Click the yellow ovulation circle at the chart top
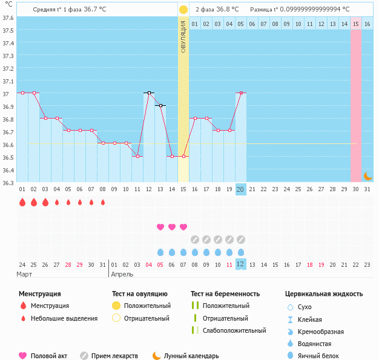click(183, 10)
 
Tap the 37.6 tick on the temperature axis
click(8, 18)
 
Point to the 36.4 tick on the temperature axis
click(8, 170)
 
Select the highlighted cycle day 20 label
click(240, 189)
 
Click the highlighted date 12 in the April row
click(240, 264)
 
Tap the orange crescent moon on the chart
click(367, 175)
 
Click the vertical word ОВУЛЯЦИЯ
click(183, 36)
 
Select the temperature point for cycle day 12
click(148, 93)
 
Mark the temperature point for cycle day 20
click(240, 93)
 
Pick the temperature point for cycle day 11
click(137, 157)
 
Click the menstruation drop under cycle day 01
click(22, 203)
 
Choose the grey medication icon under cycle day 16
click(194, 239)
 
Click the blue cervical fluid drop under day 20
click(240, 252)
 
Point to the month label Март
click(24, 274)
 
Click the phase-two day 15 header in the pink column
click(355, 24)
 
